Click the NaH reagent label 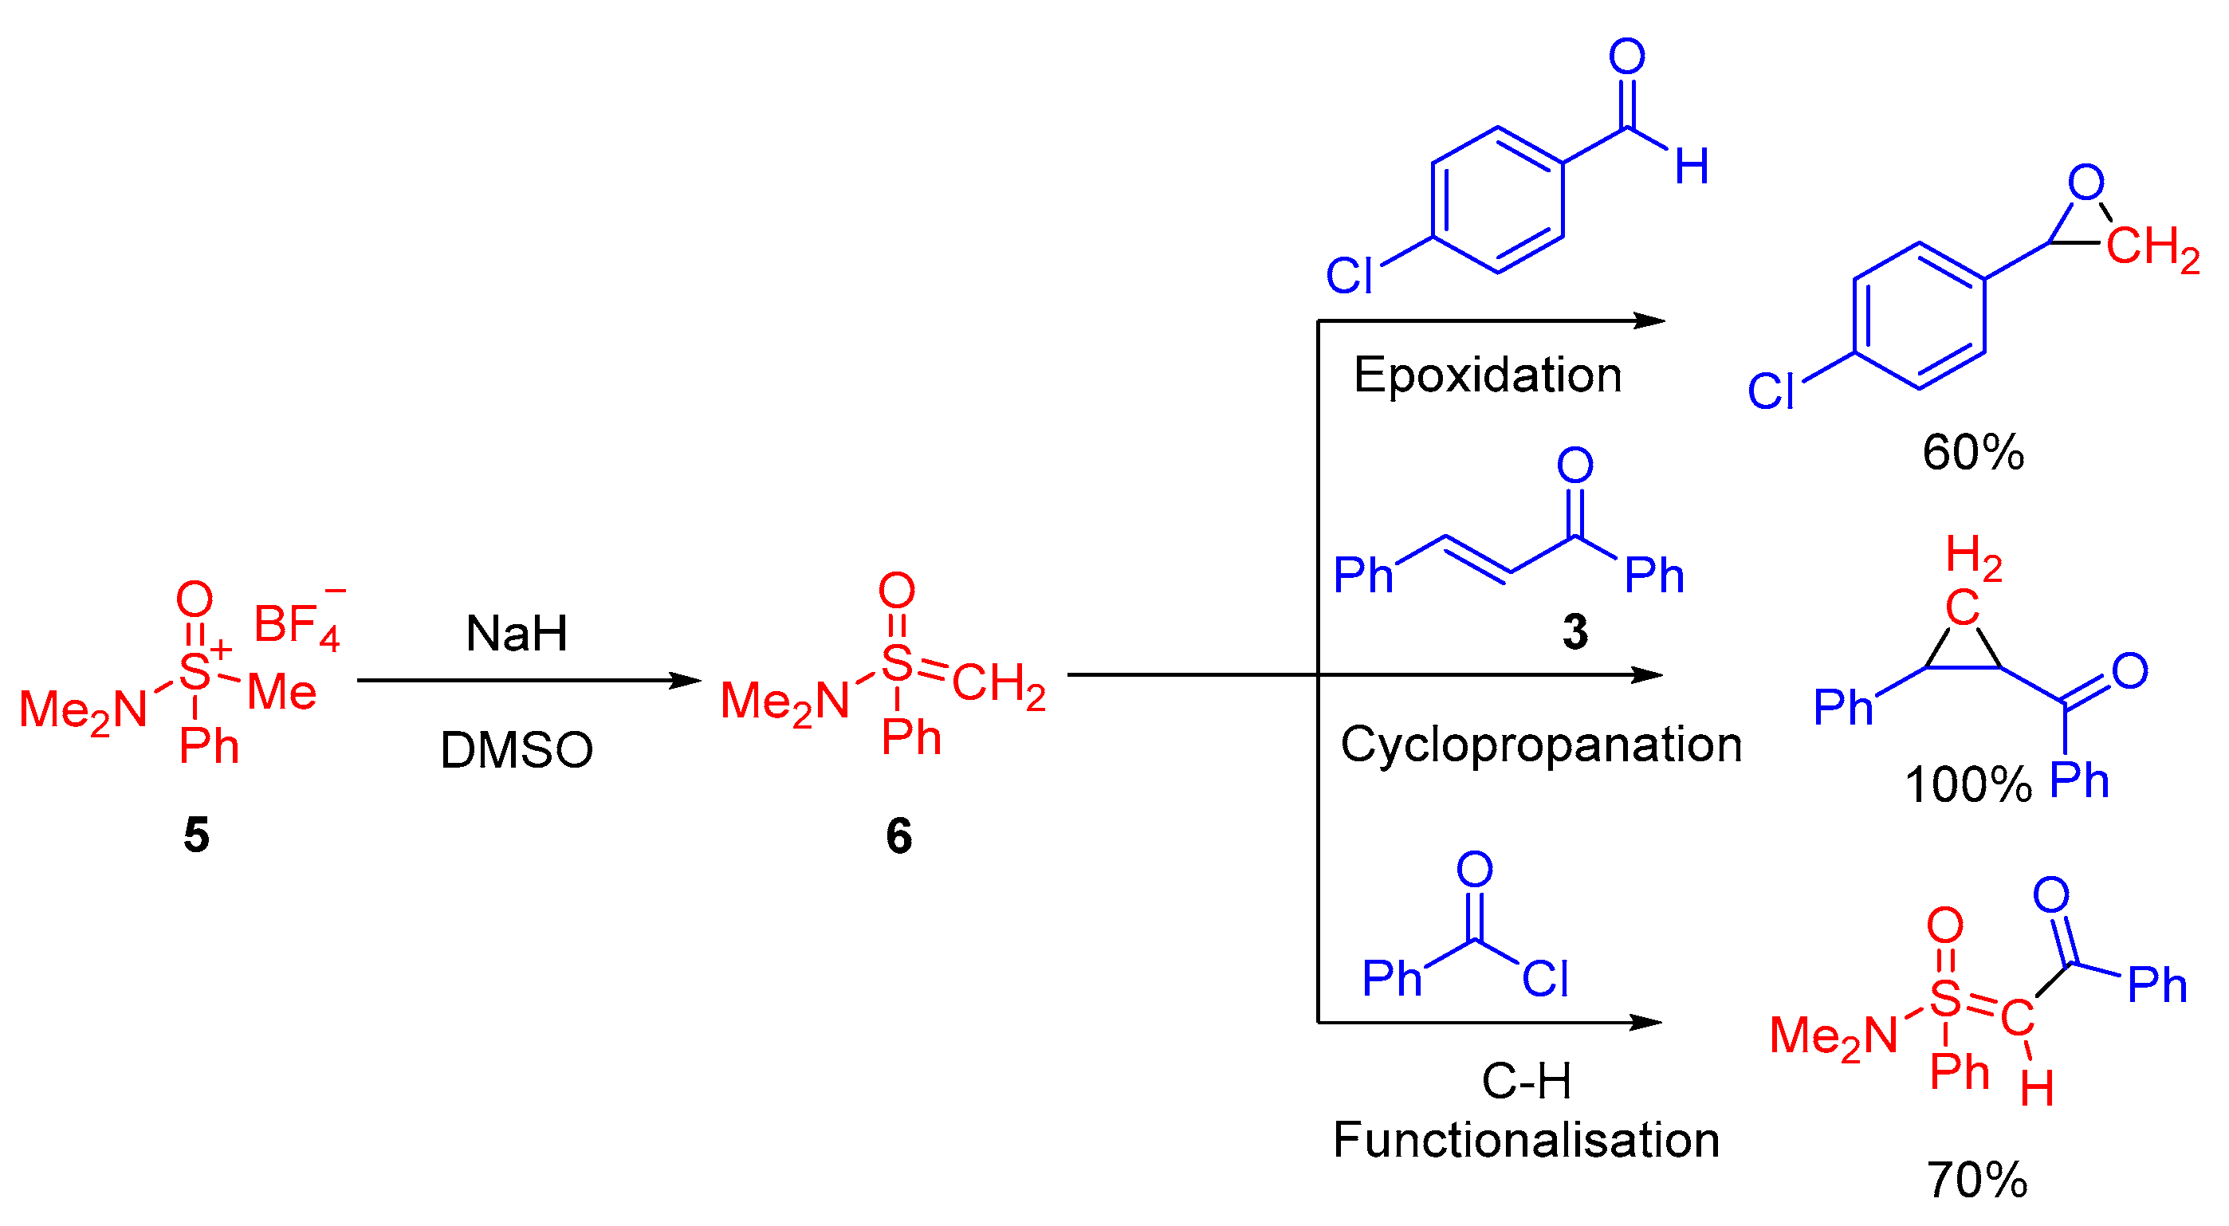(x=517, y=634)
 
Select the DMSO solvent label (x=517, y=749)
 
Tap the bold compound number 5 (x=196, y=835)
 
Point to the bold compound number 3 (x=1574, y=631)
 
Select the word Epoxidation (x=1488, y=375)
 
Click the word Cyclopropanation (x=1540, y=744)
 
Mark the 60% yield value (x=1973, y=452)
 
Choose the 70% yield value (x=1976, y=1179)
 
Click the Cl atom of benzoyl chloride (x=1546, y=980)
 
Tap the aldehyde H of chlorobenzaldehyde (x=1691, y=166)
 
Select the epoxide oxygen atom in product (x=2086, y=183)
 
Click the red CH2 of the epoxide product (x=2152, y=246)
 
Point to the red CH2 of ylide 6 (x=999, y=683)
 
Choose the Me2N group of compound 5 (x=83, y=709)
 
